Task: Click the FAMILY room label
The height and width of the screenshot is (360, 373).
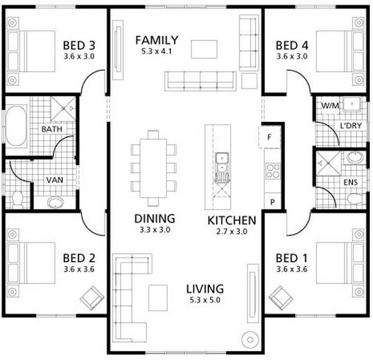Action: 157,40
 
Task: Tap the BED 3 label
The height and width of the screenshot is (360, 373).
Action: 79,45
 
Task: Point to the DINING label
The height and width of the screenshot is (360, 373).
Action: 154,219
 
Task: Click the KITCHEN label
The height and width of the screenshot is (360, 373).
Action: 231,220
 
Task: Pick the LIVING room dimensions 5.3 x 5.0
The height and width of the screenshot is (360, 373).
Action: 205,300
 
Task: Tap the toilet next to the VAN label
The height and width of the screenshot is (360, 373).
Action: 17,199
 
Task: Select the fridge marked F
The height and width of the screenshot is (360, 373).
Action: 270,137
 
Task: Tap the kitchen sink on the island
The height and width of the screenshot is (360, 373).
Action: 221,163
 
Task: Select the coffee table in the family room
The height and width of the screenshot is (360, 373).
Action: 204,48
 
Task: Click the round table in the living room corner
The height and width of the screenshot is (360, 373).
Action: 252,339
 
